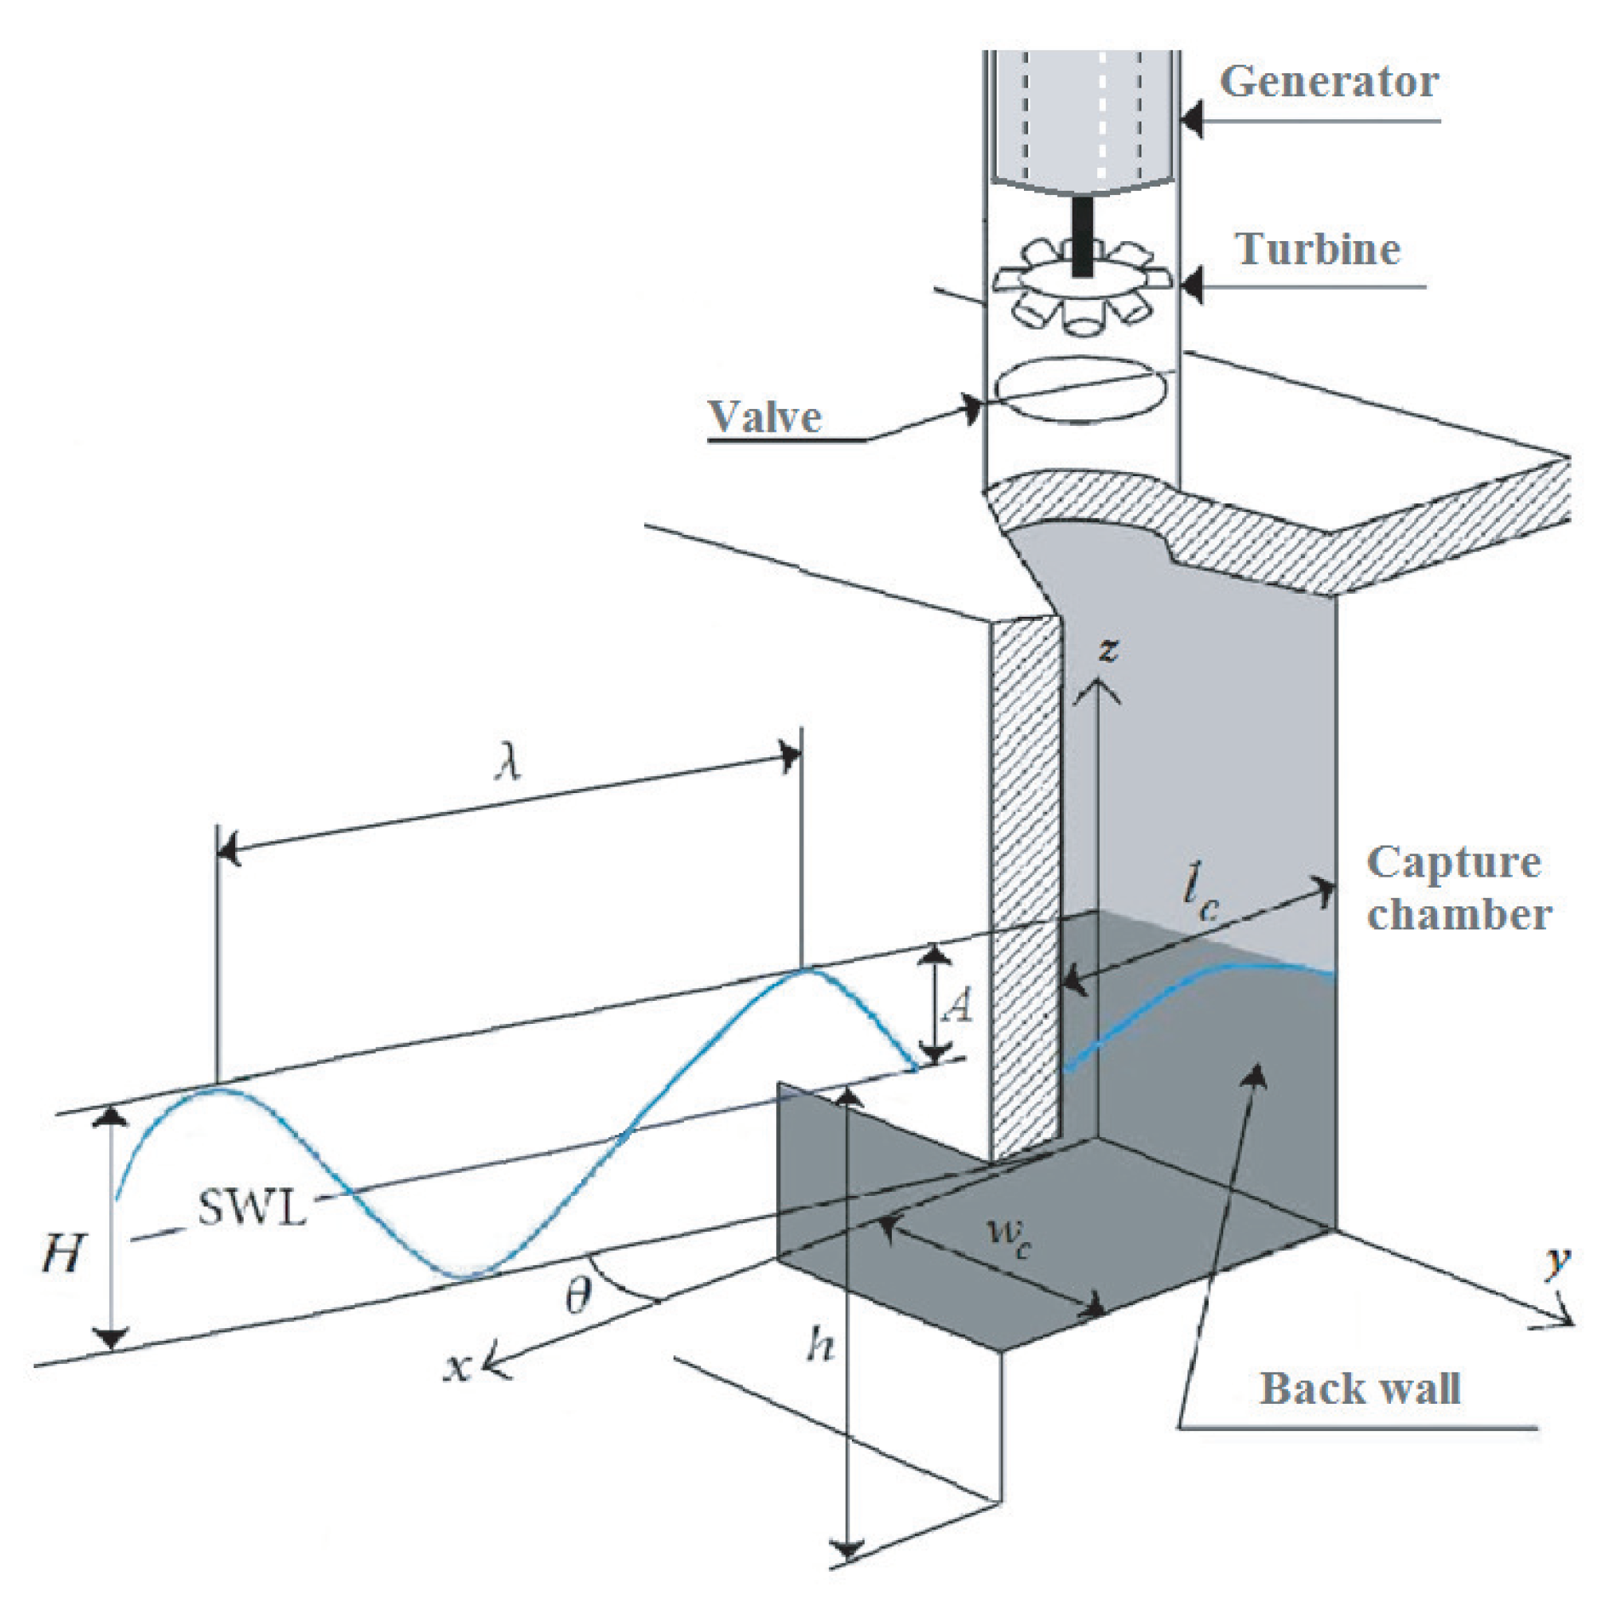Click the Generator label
pyautogui.click(x=1328, y=83)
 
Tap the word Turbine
pyautogui.click(x=1318, y=250)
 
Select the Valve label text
pyautogui.click(x=765, y=417)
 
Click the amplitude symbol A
pyautogui.click(x=958, y=1006)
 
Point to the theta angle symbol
pyautogui.click(x=578, y=1297)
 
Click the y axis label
pyautogui.click(x=1557, y=1260)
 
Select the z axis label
pyautogui.click(x=1107, y=649)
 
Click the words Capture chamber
pyautogui.click(x=1457, y=888)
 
